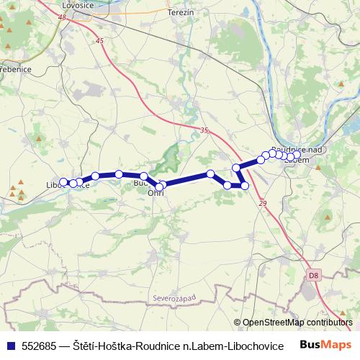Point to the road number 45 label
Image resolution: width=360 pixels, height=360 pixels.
(99, 41)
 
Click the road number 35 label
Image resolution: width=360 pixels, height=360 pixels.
(204, 130)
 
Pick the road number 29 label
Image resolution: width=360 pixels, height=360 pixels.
(261, 204)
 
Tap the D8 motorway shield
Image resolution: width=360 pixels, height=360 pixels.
(312, 274)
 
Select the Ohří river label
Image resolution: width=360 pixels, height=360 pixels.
(156, 193)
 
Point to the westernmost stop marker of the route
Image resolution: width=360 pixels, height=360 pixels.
(63, 182)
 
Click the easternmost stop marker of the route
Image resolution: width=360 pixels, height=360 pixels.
(297, 156)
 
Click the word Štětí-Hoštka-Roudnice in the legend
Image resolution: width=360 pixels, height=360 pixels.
(123, 346)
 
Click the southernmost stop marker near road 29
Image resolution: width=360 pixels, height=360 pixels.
(245, 186)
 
